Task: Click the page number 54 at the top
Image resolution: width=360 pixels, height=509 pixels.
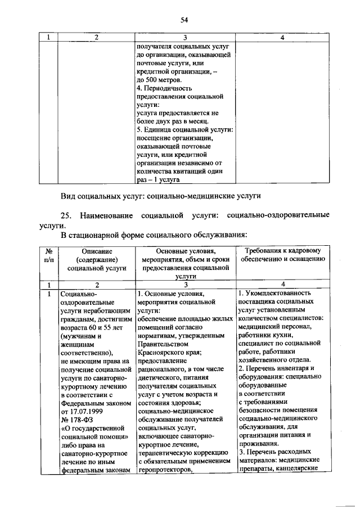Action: click(183, 20)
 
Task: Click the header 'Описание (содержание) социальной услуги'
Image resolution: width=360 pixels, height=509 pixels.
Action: click(96, 260)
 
